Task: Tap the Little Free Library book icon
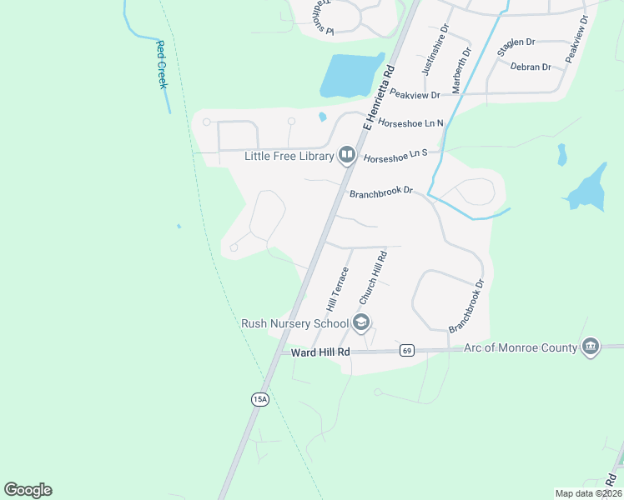(x=346, y=155)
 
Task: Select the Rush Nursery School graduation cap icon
(x=361, y=322)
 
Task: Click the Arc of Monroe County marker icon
(x=591, y=347)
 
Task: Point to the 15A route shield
(x=259, y=400)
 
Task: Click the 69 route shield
(x=406, y=350)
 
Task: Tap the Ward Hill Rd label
(x=320, y=353)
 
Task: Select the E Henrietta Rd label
(x=378, y=98)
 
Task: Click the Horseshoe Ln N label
(x=411, y=123)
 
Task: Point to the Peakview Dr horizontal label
(x=415, y=95)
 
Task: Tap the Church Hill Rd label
(x=373, y=277)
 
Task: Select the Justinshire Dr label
(x=434, y=49)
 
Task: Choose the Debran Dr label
(x=531, y=67)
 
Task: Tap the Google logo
(x=28, y=490)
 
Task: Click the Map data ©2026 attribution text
(x=588, y=493)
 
